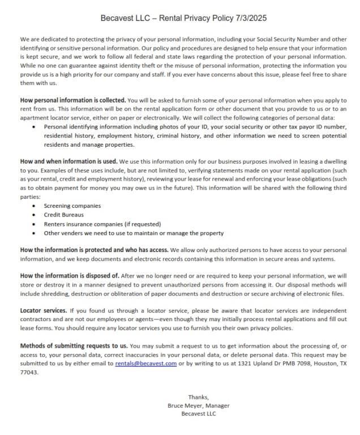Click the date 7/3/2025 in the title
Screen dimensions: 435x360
(251, 18)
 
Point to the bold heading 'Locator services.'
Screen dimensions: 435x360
(43, 311)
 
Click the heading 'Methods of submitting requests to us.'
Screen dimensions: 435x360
(74, 346)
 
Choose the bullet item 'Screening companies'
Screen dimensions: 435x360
(72, 206)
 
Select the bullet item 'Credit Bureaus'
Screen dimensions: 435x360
(64, 215)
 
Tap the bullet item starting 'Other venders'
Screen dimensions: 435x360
(134, 233)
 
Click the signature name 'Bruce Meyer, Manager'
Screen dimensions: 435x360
(198, 406)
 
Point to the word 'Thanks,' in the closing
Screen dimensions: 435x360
(198, 397)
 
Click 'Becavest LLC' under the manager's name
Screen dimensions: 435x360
(198, 414)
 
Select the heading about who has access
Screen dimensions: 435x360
(93, 249)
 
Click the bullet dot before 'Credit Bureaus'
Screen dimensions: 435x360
(35, 215)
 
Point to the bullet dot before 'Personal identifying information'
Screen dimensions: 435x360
(35, 127)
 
